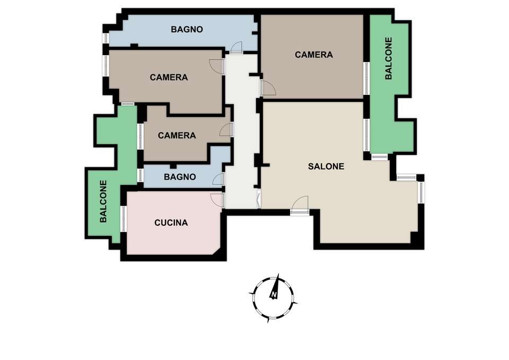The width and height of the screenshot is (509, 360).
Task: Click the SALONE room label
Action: [326, 166]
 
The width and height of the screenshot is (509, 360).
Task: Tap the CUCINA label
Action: [171, 223]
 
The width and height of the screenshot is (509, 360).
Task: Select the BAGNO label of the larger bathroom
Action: [187, 29]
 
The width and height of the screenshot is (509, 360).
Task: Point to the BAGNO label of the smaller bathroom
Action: [180, 177]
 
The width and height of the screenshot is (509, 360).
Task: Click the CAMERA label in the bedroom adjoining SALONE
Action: [313, 55]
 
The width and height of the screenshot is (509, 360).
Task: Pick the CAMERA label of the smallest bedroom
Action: [177, 135]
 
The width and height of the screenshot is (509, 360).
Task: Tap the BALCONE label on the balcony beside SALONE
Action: [389, 58]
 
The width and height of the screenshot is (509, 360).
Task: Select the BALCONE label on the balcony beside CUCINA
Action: [103, 201]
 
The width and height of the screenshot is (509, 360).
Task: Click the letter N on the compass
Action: [274, 295]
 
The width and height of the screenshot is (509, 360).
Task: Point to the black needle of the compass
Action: [275, 286]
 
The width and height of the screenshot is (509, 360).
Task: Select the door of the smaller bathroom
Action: [219, 179]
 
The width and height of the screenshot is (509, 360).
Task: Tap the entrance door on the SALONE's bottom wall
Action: [299, 205]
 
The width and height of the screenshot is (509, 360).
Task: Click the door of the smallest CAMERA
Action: [226, 129]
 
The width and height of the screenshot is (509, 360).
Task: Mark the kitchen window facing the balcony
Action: [124, 219]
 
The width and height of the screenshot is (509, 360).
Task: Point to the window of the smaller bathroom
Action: [140, 175]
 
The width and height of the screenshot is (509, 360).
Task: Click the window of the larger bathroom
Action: [106, 38]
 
